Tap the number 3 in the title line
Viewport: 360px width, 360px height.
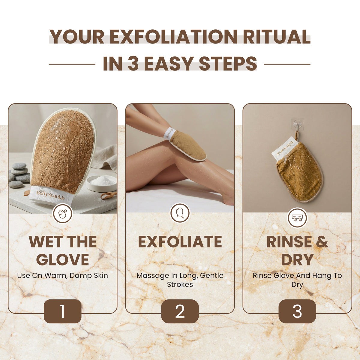(x=133, y=64)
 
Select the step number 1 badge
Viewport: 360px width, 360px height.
(x=62, y=311)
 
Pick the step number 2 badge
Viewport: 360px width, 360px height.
(x=180, y=311)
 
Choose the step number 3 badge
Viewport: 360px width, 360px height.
(x=297, y=311)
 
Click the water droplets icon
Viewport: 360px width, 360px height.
(x=63, y=213)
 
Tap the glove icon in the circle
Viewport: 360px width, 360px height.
(x=180, y=213)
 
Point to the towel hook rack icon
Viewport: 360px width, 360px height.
(x=297, y=218)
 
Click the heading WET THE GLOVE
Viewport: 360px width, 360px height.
(x=63, y=251)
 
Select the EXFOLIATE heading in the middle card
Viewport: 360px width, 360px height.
(x=180, y=242)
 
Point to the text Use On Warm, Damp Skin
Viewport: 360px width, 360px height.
(x=63, y=276)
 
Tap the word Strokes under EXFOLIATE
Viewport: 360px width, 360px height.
(x=180, y=285)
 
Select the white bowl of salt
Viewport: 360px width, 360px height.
(x=101, y=183)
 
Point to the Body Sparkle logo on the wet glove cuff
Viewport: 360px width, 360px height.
(x=51, y=194)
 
